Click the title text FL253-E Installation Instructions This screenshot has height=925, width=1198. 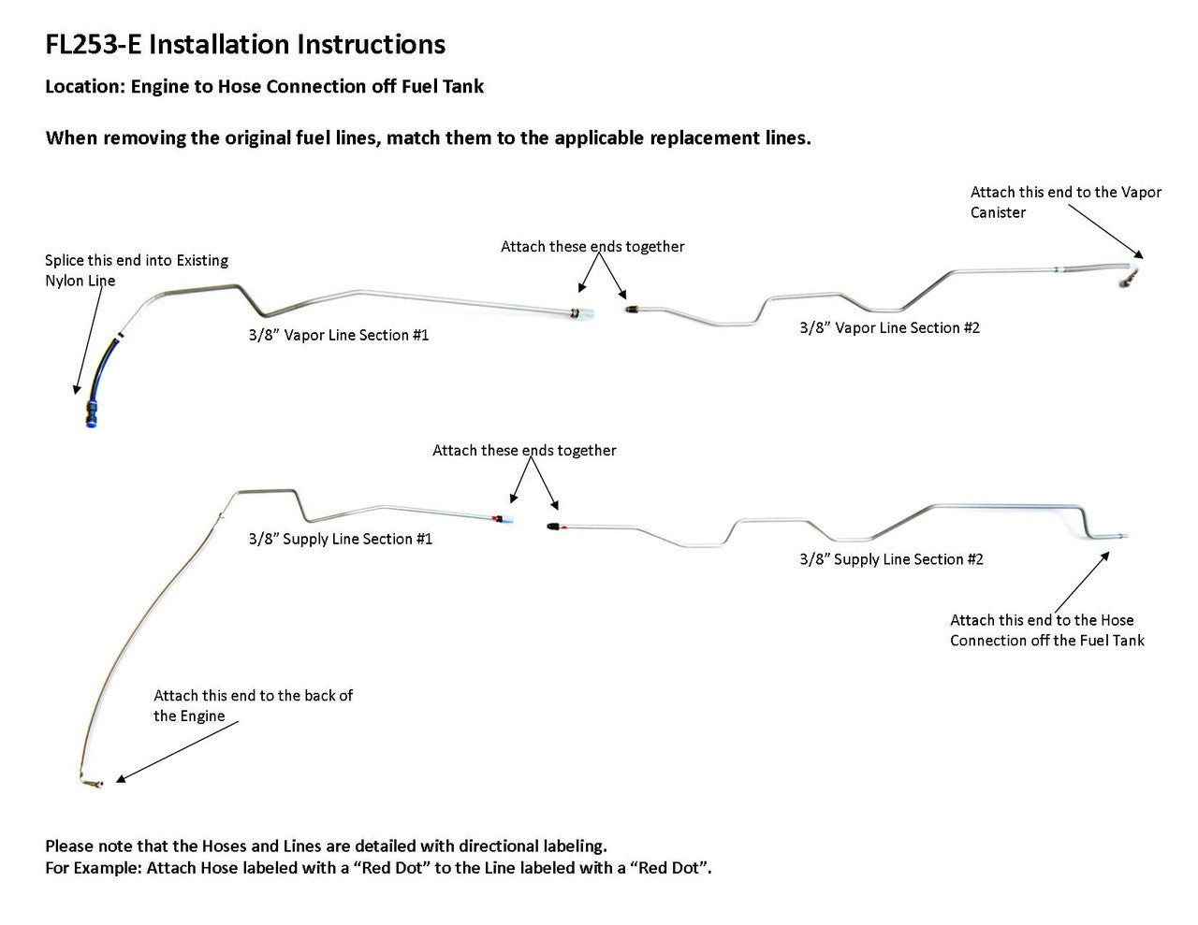245,44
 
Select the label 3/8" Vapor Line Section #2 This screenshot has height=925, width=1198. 889,327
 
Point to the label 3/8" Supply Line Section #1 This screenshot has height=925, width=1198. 341,539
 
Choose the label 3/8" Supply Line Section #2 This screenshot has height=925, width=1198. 891,559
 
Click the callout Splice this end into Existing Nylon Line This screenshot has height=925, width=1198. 137,270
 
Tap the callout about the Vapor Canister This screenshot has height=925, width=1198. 1065,202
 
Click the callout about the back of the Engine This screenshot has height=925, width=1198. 253,705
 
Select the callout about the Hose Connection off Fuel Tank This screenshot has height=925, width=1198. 1046,629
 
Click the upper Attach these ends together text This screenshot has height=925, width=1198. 592,247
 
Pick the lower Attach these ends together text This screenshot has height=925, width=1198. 524,451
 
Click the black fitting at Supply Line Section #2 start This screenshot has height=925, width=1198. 554,527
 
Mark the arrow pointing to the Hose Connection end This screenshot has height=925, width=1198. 1082,579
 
